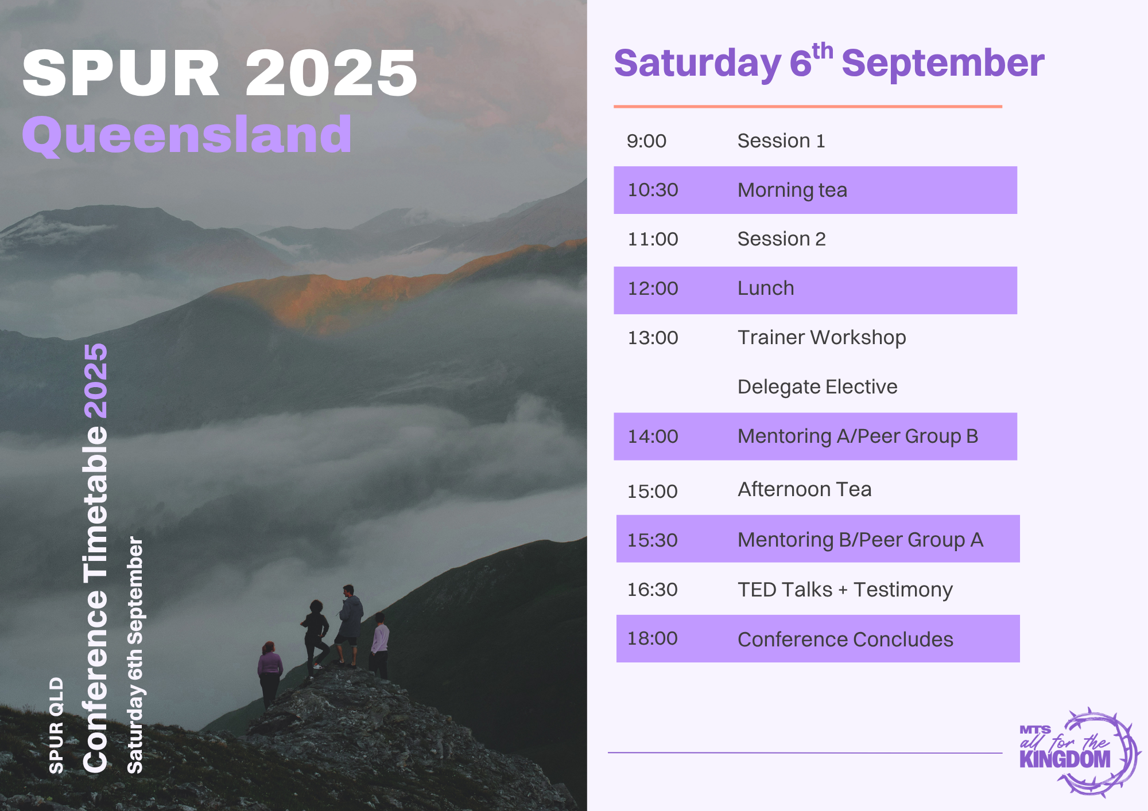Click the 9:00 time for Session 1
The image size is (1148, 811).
tap(646, 141)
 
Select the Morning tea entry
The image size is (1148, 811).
tap(792, 190)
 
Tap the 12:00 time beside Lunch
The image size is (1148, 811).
tap(653, 288)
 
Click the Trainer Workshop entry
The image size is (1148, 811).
tap(821, 338)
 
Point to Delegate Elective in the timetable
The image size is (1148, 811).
tap(817, 387)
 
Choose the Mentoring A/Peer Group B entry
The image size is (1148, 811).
tap(858, 436)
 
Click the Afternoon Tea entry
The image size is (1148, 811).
tap(804, 489)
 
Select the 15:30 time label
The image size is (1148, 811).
tap(652, 540)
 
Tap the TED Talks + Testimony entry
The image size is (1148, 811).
tap(845, 590)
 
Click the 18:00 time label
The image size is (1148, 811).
tap(652, 638)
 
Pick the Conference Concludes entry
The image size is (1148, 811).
tap(845, 640)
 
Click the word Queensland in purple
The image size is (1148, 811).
tap(187, 135)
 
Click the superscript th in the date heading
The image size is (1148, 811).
tap(823, 51)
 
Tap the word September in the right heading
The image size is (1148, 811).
tap(943, 63)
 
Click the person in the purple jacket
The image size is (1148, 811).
tap(269, 674)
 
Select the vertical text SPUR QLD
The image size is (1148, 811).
tap(56, 726)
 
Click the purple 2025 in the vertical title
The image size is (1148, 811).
tap(95, 381)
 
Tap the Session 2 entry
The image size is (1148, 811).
tap(781, 239)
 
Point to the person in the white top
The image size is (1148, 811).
tap(379, 645)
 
